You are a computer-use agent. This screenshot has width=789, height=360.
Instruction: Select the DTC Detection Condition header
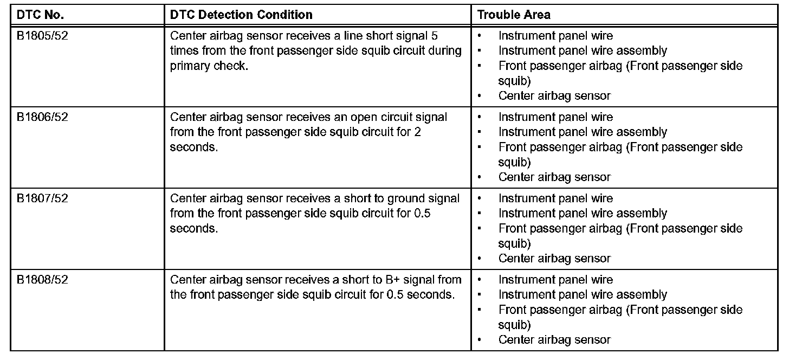click(x=241, y=15)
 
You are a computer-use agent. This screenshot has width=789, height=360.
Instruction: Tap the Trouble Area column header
click(x=514, y=15)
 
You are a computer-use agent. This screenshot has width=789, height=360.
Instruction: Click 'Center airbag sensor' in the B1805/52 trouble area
click(x=554, y=96)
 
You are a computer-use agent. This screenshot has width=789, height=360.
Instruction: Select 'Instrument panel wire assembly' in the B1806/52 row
click(x=583, y=132)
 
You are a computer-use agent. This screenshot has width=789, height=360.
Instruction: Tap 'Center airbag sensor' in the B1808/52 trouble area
click(x=554, y=340)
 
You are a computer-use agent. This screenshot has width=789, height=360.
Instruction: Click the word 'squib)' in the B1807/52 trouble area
click(x=514, y=243)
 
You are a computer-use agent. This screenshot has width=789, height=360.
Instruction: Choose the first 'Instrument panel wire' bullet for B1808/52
click(x=555, y=280)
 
